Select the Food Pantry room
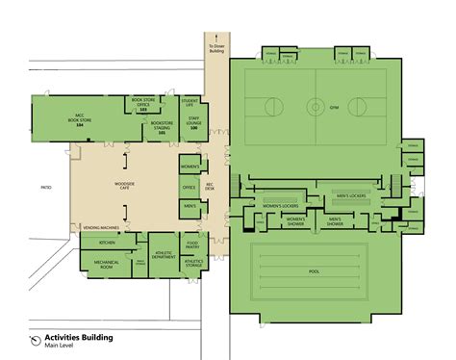(x=191, y=243)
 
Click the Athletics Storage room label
(x=191, y=261)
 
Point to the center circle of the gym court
(x=316, y=104)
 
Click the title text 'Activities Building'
(x=73, y=338)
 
